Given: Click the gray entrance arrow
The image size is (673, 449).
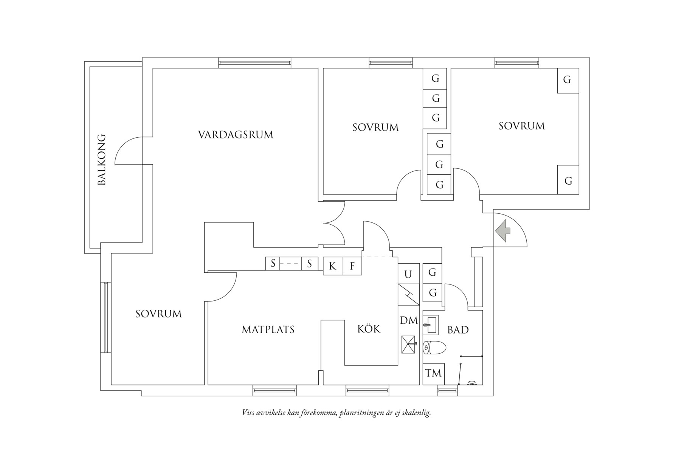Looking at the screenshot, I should (502, 231).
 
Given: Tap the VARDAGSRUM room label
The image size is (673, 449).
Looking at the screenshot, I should (236, 135).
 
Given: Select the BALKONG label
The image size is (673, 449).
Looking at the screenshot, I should (102, 160).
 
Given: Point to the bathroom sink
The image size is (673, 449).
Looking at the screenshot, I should (430, 325).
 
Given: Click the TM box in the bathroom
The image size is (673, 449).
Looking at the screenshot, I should (433, 374).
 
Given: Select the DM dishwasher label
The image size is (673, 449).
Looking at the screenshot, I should (409, 320).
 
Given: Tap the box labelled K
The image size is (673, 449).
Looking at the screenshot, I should (332, 266).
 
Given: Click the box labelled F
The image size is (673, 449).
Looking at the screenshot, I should (352, 266).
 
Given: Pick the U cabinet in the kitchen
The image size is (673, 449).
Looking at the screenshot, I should (408, 274).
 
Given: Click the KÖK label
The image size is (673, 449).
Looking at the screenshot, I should (369, 329).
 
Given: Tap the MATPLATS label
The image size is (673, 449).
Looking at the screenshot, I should (268, 330).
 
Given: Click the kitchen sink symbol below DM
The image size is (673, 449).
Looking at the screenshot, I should (409, 344).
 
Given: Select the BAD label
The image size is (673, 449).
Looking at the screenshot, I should (458, 330).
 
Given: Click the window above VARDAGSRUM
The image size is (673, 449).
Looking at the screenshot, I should (255, 63).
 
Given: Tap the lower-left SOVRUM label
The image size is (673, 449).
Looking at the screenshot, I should (158, 314).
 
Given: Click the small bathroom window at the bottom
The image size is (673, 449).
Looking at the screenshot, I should (447, 391).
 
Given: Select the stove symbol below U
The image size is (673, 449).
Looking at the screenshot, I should (408, 295).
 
